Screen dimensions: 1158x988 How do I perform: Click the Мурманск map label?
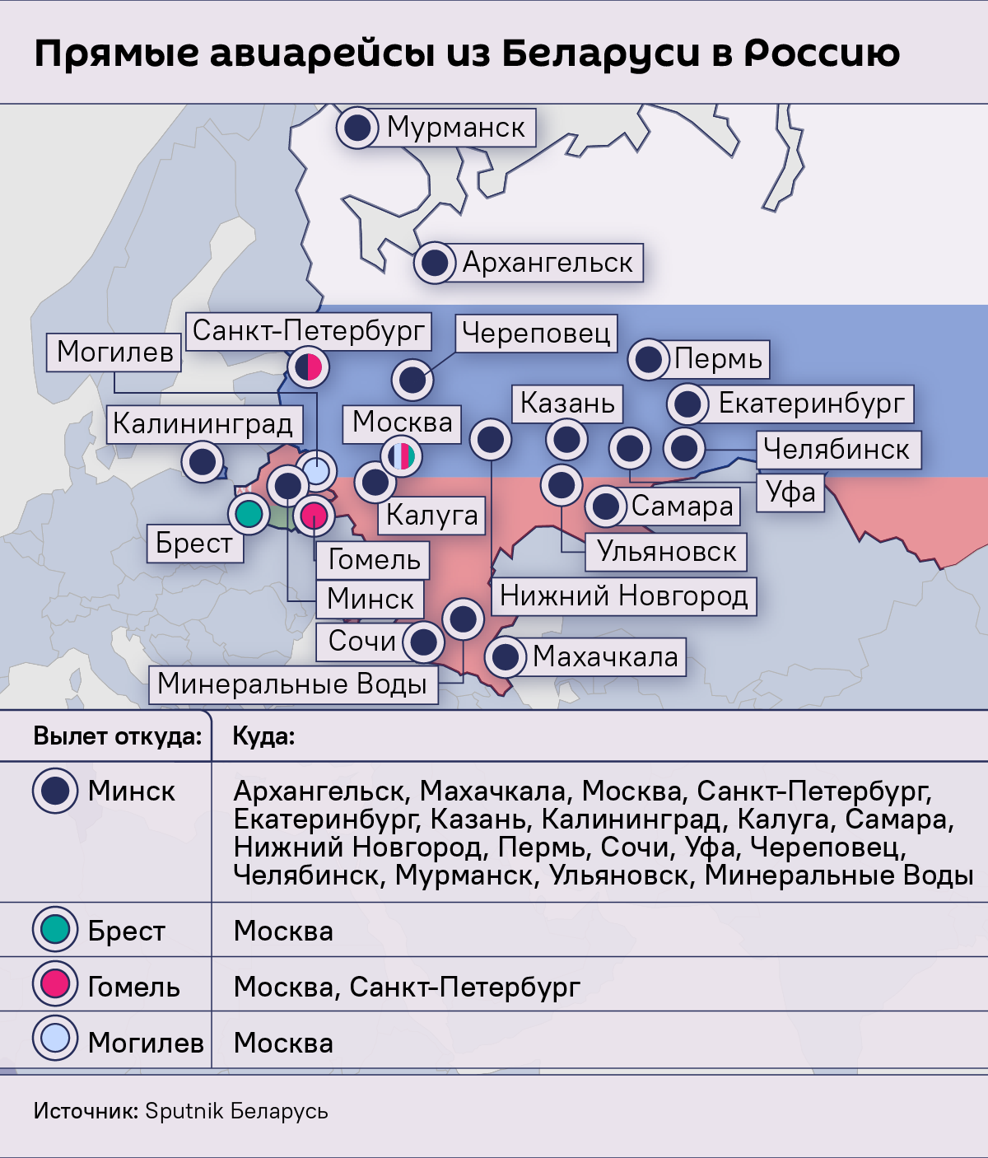[x=455, y=128]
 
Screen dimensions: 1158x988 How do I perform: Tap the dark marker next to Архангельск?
[x=435, y=263]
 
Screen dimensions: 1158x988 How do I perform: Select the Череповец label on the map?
[x=536, y=333]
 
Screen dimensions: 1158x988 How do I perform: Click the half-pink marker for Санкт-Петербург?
[x=309, y=367]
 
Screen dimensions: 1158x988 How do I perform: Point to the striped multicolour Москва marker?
[x=401, y=455]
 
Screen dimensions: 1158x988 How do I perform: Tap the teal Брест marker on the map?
[x=248, y=514]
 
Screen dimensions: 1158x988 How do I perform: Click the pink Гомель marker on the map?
[x=314, y=516]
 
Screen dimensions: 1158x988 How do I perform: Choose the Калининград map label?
[x=203, y=423]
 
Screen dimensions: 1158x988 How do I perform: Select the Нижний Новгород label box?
[x=623, y=595]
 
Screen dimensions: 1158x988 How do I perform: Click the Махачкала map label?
[x=605, y=656]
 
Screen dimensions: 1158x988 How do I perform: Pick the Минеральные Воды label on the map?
[x=292, y=684]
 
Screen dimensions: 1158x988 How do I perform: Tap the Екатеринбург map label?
[x=811, y=403]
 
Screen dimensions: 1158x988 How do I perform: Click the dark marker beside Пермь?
[x=649, y=359]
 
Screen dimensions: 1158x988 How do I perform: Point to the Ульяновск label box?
[x=666, y=551]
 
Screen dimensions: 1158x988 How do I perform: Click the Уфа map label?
[x=790, y=492]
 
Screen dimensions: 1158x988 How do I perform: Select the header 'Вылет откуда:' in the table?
[x=117, y=736]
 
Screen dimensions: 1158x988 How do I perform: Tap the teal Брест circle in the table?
[x=55, y=928]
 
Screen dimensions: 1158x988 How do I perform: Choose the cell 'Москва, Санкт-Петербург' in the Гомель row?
[x=407, y=987]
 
